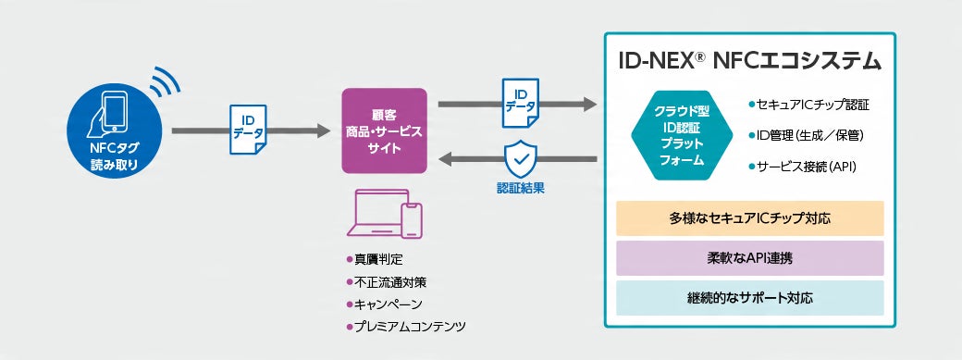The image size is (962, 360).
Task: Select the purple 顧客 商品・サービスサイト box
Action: (x=384, y=130)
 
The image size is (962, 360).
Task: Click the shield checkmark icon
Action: (x=519, y=159)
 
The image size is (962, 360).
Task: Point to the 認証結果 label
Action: (x=519, y=189)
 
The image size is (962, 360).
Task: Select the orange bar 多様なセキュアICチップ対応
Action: (x=749, y=218)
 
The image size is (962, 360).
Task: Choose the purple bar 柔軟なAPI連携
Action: (x=749, y=258)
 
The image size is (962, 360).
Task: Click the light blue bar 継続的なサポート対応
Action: (x=749, y=298)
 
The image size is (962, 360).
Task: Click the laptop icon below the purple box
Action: (x=375, y=214)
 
